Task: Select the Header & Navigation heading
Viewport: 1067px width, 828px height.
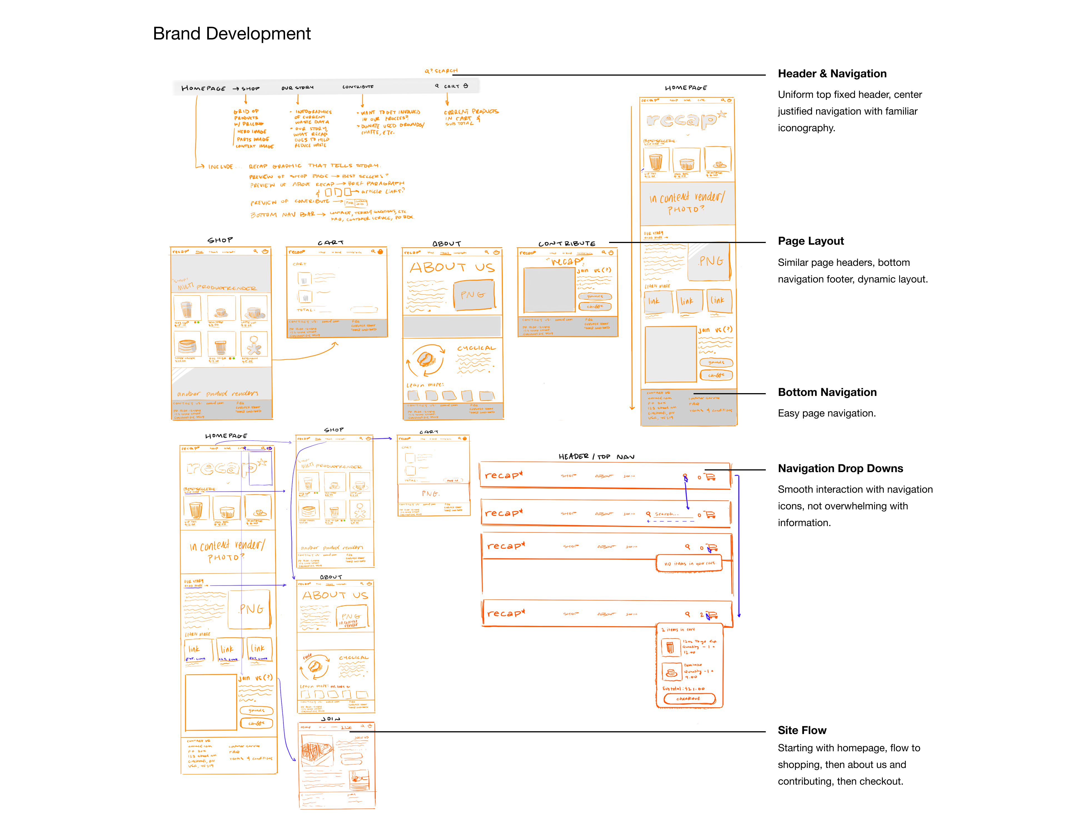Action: (x=832, y=74)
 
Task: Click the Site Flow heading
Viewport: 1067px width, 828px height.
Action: (x=802, y=730)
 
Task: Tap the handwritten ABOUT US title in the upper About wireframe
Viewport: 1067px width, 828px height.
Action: (x=452, y=267)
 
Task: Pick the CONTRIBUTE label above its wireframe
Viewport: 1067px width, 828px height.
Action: (x=567, y=243)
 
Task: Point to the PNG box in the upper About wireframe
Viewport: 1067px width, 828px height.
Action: (x=473, y=295)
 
